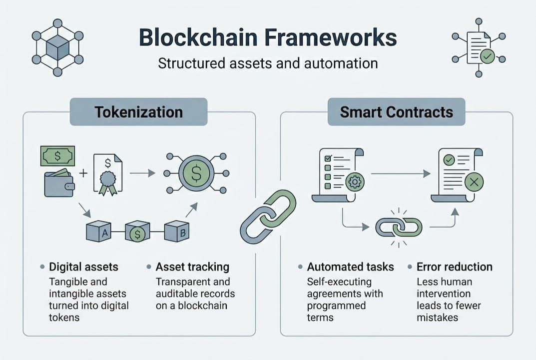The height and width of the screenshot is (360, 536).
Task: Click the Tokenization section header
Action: point(138,111)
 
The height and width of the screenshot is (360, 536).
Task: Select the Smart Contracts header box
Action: point(396,111)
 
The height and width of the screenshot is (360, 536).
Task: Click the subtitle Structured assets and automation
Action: point(267,63)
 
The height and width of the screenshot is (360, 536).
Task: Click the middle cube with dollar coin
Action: point(137,231)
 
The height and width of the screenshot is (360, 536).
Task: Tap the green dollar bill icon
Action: point(57,155)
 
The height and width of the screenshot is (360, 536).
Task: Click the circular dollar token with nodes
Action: point(196,173)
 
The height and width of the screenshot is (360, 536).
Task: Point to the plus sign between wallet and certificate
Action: point(83,173)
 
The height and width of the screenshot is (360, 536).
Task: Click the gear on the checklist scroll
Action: point(355,181)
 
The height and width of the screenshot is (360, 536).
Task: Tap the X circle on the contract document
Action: point(474,183)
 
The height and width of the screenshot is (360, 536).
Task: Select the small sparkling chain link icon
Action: point(399,227)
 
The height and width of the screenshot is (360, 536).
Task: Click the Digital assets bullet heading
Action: point(83,266)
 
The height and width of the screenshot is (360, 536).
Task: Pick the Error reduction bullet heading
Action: point(454,266)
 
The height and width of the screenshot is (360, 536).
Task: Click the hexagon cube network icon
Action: point(57,47)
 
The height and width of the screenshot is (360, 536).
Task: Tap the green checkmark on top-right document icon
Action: point(487,56)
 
